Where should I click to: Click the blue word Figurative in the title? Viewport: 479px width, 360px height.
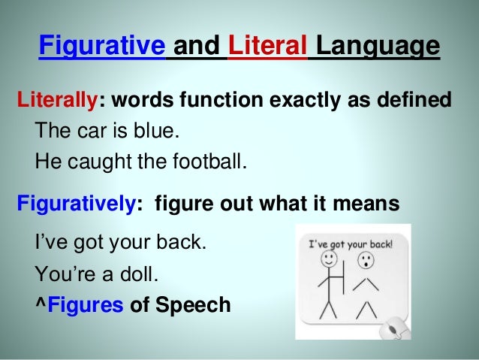(x=101, y=47)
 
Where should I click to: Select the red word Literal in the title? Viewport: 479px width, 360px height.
(x=267, y=47)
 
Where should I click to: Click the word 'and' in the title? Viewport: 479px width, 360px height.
(x=196, y=47)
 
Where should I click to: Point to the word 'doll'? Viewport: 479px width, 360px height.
(x=140, y=276)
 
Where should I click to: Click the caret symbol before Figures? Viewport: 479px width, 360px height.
(x=40, y=306)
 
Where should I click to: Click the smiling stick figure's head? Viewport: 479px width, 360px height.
(x=329, y=260)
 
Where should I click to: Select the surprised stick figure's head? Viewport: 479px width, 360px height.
(x=366, y=261)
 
